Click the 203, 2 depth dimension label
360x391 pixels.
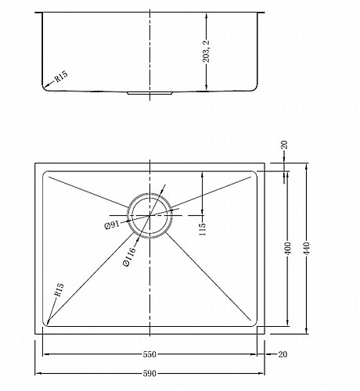[x=207, y=52]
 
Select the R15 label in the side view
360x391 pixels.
[x=61, y=77]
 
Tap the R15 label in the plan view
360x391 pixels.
[x=59, y=289]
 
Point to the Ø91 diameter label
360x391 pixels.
[x=112, y=224]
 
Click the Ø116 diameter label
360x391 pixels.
[x=129, y=256]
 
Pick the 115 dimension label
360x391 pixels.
[x=203, y=229]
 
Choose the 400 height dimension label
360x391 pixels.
[x=288, y=249]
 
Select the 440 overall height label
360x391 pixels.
[x=307, y=249]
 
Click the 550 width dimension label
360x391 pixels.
[x=149, y=354]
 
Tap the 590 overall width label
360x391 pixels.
[x=149, y=374]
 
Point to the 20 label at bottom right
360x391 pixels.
[x=283, y=354]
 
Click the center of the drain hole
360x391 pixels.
[x=149, y=216]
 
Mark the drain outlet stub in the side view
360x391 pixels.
[x=149, y=93]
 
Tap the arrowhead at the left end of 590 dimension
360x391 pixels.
[x=38, y=374]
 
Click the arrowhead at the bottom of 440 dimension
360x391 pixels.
[x=307, y=331]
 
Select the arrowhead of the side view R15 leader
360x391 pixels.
[x=46, y=85]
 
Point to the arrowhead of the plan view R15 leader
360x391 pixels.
[x=49, y=322]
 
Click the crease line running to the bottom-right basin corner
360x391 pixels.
[x=208, y=277]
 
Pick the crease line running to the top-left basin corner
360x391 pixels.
[x=88, y=192]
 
